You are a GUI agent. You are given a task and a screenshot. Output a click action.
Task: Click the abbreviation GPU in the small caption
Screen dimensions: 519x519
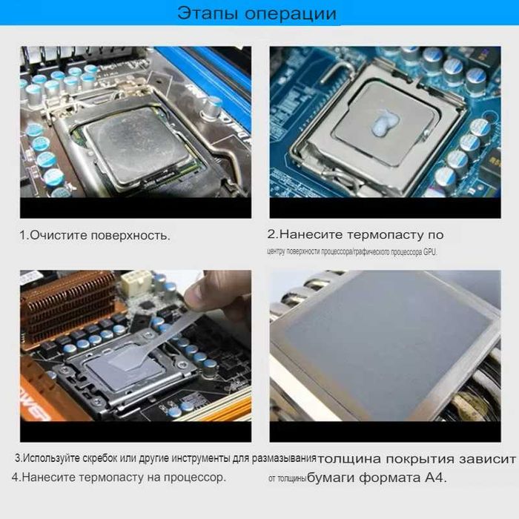(430, 252)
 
